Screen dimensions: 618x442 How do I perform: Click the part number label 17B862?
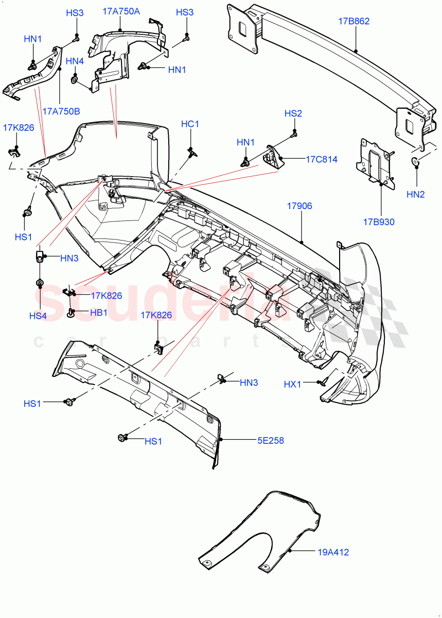point(353,21)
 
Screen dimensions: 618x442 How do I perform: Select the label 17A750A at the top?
point(121,11)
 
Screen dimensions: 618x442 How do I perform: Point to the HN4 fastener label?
point(75,61)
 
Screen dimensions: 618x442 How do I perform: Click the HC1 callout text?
point(190,124)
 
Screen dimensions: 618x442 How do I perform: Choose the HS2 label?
point(293,113)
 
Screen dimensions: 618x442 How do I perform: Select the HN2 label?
point(415,194)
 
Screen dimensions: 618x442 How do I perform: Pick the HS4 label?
point(38,316)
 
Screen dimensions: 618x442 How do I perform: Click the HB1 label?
point(99,313)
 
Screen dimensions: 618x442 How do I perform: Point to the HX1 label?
point(292,384)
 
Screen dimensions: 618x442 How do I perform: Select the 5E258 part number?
point(271,440)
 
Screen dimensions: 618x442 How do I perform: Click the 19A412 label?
point(332,553)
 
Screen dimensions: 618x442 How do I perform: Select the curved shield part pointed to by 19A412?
point(257,530)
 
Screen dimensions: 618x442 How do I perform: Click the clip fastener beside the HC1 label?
point(192,151)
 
